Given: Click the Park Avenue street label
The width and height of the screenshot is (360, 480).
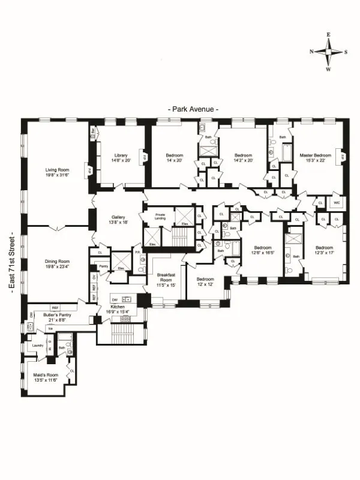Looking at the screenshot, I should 193,109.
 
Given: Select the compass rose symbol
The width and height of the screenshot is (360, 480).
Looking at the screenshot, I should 328,52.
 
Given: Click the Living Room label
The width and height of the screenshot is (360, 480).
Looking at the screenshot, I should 58,170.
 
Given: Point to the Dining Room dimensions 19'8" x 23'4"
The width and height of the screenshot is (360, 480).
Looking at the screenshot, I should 58,268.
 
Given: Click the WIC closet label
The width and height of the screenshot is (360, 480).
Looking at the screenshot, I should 337,203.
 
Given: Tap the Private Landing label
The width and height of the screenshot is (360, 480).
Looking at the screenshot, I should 160,214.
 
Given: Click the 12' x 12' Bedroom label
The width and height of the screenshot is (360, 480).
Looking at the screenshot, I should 205,279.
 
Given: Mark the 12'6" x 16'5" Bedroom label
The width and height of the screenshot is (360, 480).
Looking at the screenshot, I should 263,248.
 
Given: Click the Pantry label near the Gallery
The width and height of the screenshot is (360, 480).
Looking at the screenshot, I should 103,263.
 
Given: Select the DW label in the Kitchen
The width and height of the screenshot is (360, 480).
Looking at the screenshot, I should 114,299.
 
